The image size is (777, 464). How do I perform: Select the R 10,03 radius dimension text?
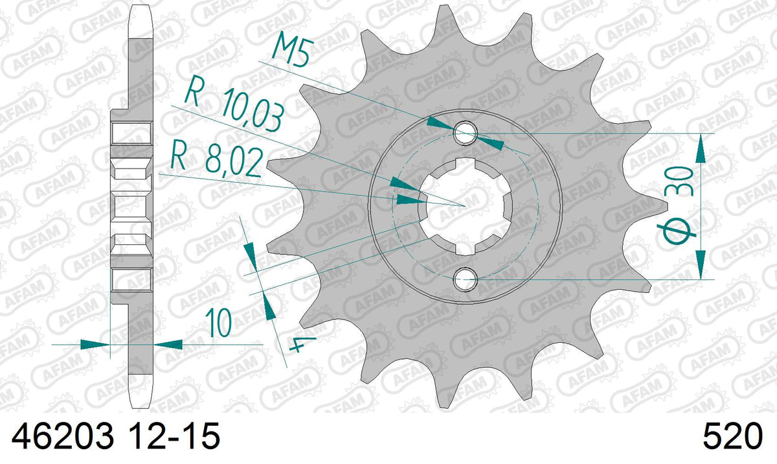[234, 104]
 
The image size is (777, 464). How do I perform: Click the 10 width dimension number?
[219, 323]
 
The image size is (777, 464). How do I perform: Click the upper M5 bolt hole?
[466, 133]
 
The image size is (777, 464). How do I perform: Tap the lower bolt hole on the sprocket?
[466, 279]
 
